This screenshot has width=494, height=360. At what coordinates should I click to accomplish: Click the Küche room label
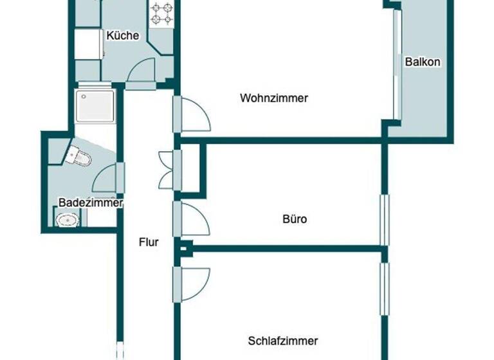click(122, 36)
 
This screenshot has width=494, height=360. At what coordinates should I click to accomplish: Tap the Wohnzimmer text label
click(274, 98)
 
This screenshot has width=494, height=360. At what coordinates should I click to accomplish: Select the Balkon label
click(423, 62)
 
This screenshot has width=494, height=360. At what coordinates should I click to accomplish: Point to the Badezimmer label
click(90, 203)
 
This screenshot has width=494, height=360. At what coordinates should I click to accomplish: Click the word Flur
click(149, 242)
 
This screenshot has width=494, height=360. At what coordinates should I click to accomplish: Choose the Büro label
click(295, 219)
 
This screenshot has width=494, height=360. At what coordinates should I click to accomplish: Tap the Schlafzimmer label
click(282, 341)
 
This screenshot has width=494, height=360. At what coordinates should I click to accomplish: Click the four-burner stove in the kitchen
click(161, 14)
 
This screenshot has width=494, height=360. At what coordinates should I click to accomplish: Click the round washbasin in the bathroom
click(66, 221)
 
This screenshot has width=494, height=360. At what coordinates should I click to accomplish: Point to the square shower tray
click(95, 105)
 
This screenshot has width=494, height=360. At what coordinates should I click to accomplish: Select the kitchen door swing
click(140, 72)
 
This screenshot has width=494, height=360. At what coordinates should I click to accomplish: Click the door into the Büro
click(193, 220)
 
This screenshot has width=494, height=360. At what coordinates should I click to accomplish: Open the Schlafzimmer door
click(193, 283)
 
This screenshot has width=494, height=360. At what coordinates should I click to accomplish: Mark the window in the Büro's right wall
click(385, 219)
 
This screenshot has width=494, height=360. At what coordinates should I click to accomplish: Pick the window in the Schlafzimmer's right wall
click(385, 289)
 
